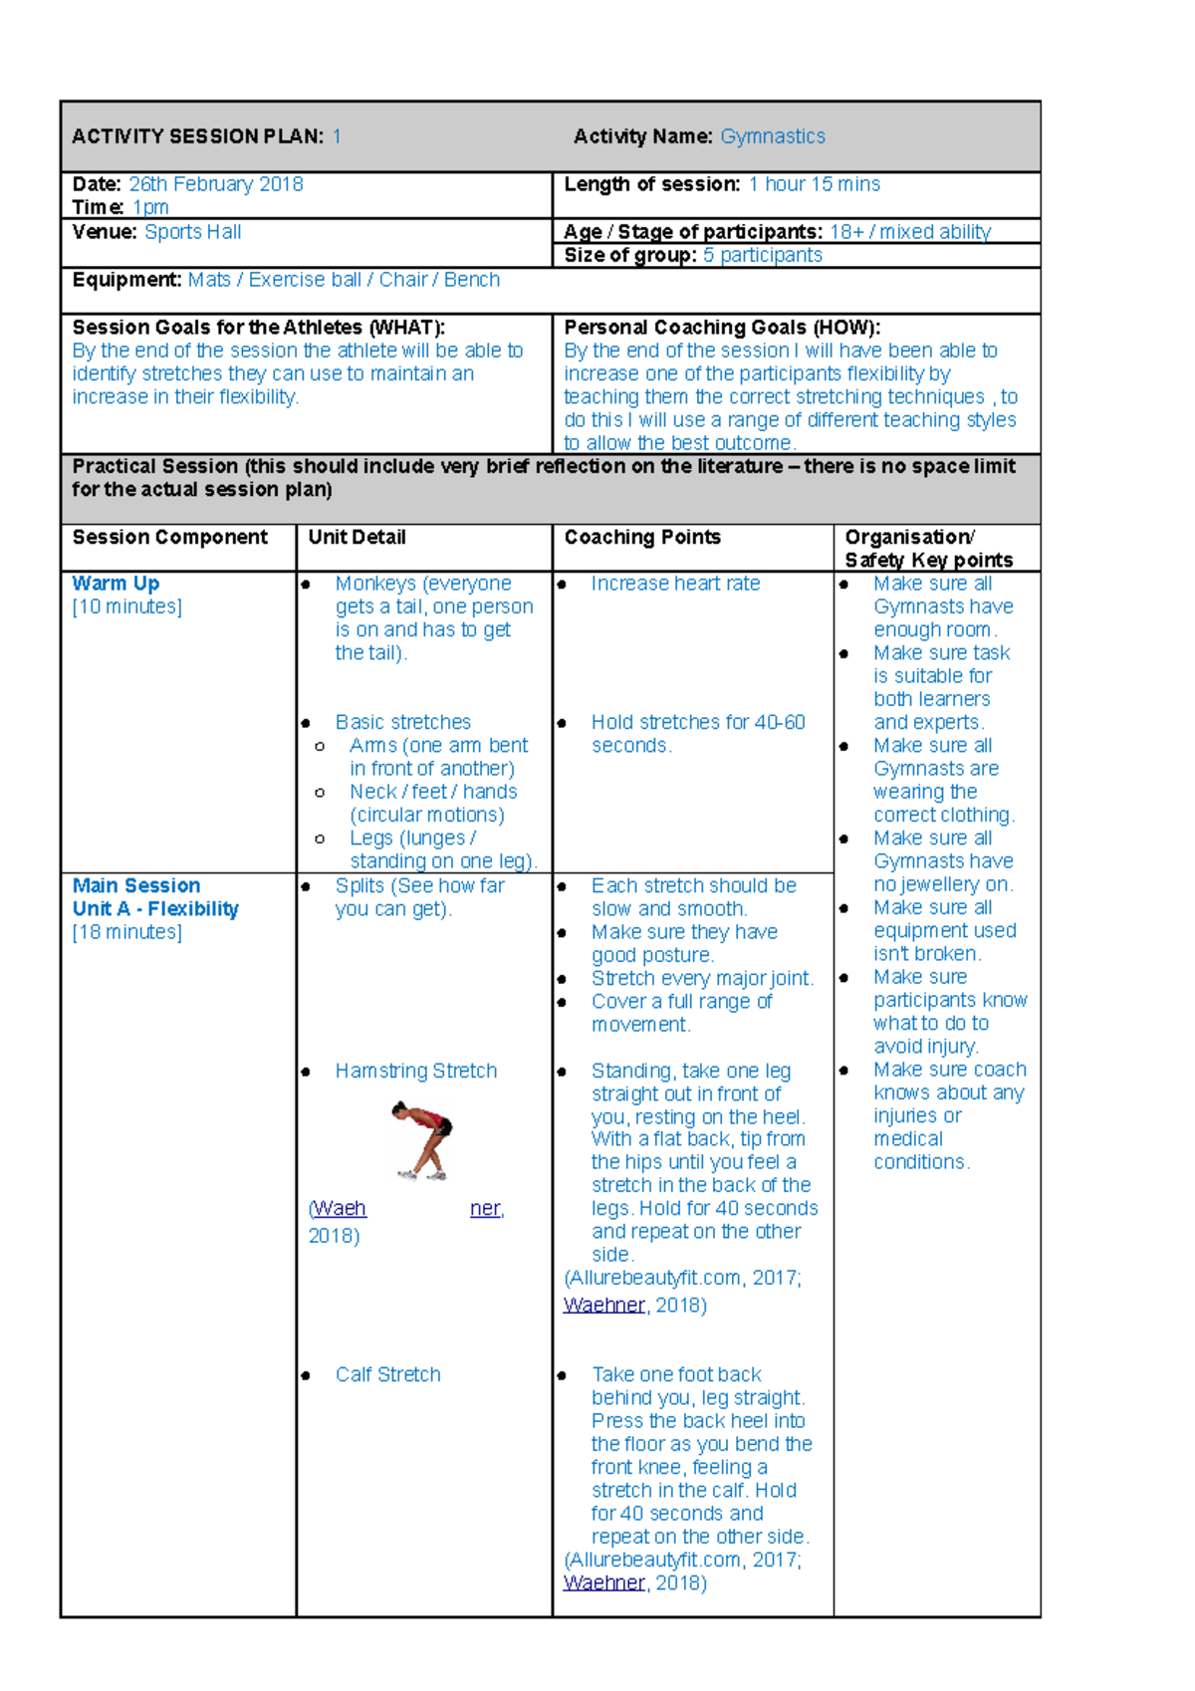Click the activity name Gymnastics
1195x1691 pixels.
tap(772, 136)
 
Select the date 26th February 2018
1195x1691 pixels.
tap(215, 184)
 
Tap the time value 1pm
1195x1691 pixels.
tap(150, 207)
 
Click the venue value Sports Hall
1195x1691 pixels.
tap(192, 232)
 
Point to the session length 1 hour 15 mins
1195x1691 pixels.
tap(814, 184)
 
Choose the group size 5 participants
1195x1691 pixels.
tap(762, 255)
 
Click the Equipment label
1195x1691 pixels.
tap(126, 280)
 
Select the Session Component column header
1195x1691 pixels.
tap(169, 538)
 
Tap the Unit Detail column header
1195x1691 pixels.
tap(357, 538)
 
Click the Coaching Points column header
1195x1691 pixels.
tap(641, 538)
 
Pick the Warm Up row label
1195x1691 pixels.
tap(116, 584)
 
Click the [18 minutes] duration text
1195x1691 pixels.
tap(126, 932)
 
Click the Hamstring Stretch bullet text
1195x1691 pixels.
tap(415, 1071)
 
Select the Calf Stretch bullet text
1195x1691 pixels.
tap(387, 1374)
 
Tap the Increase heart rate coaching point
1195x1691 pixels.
tap(674, 584)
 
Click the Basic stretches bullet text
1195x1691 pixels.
tap(402, 722)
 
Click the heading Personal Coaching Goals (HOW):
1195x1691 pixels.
tap(721, 328)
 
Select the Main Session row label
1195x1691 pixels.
tap(135, 885)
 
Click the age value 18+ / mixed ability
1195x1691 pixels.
tap(909, 232)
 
